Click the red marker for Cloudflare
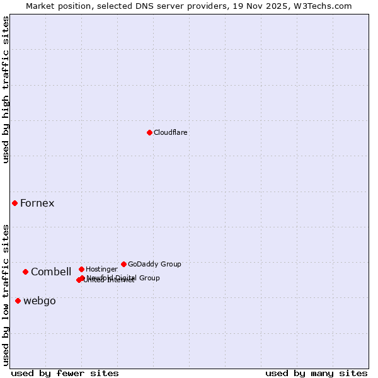tap(149, 132)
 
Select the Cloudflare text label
tap(171, 132)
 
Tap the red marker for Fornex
tap(14, 203)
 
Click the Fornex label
tap(37, 203)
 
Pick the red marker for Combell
tap(25, 272)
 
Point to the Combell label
tap(51, 272)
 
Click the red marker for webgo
tap(18, 301)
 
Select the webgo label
tap(40, 301)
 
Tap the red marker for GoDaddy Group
tap(123, 264)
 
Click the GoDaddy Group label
tap(154, 264)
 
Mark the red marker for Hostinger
tap(81, 269)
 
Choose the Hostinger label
tap(101, 269)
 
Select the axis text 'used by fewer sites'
tap(65, 373)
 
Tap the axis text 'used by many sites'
tap(316, 373)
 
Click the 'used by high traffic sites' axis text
tap(6, 89)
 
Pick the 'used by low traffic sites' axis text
tap(6, 294)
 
